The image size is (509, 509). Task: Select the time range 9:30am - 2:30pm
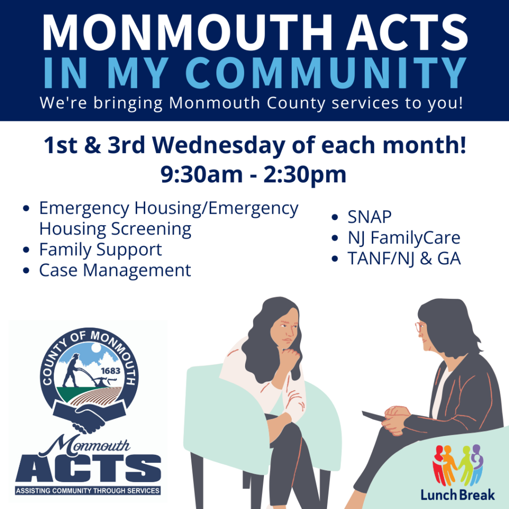pyautogui.click(x=254, y=174)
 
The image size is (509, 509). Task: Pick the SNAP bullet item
pyautogui.click(x=369, y=217)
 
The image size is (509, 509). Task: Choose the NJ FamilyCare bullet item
pyautogui.click(x=404, y=238)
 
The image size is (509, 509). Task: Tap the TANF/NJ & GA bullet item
pyautogui.click(x=404, y=259)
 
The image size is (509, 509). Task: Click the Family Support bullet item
pyautogui.click(x=100, y=250)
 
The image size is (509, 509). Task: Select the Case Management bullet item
pyautogui.click(x=115, y=270)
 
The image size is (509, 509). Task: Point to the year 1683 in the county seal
pyautogui.click(x=110, y=370)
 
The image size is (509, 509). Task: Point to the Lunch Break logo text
pyautogui.click(x=457, y=495)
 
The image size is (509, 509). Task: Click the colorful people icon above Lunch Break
pyautogui.click(x=457, y=464)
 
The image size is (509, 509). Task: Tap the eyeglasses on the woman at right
pyautogui.click(x=419, y=327)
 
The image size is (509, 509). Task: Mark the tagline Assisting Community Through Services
pyautogui.click(x=88, y=491)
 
